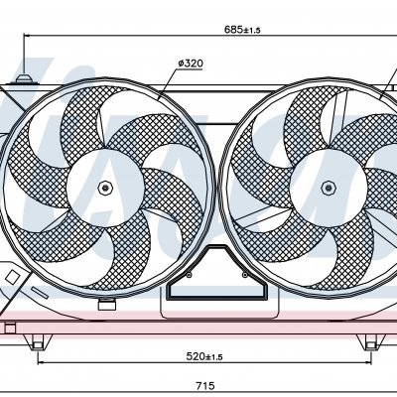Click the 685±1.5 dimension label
pos(242,30)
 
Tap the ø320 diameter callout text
pos(191,64)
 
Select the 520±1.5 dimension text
pos(204,356)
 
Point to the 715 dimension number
pos(205,386)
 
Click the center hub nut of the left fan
pos(105,188)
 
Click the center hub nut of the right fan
pos(329,188)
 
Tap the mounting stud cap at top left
pos(24,79)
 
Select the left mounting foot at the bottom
pos(38,342)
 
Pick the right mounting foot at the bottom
pos(371,342)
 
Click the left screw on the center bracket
pos(189,275)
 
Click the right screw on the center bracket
pos(244,275)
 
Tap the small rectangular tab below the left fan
pos(107,304)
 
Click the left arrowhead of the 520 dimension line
pos(42,362)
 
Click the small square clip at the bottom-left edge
pos(10,329)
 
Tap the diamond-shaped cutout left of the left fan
pos(13,277)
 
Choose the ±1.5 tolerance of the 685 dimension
pos(252,31)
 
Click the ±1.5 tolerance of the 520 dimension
pos(214,357)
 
